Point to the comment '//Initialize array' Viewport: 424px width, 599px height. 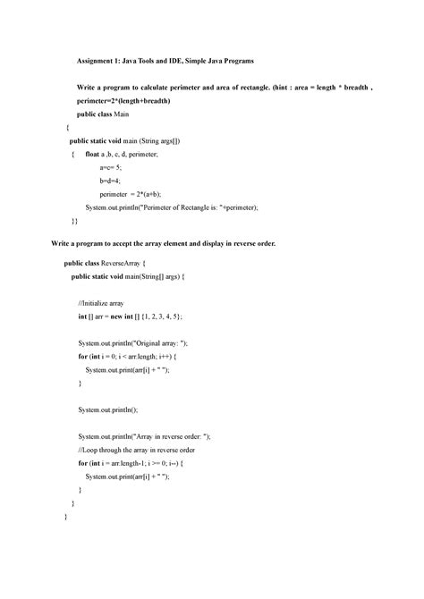[105, 303]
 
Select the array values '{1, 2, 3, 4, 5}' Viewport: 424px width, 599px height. [169, 316]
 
